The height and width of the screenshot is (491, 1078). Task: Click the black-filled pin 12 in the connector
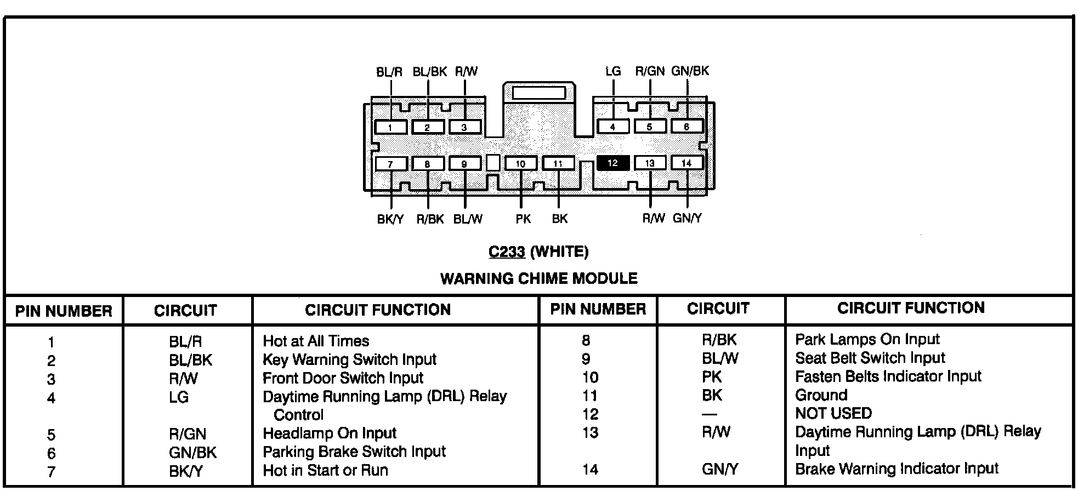[612, 163]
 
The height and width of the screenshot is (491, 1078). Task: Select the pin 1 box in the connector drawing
[390, 128]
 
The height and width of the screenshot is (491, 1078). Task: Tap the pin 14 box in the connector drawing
[686, 163]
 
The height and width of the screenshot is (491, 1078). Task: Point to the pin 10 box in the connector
[520, 164]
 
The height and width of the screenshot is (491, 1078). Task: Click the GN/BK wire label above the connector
[690, 71]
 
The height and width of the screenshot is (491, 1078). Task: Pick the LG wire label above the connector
[613, 71]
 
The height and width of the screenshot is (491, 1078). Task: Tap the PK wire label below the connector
[523, 219]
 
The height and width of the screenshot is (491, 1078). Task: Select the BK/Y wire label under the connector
[390, 219]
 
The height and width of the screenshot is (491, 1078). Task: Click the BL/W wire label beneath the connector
[468, 219]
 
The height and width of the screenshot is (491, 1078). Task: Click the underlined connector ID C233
[507, 252]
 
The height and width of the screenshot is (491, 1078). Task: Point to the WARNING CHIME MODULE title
[538, 279]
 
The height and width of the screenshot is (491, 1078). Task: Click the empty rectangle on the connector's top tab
[538, 92]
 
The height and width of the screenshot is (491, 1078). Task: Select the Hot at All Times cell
[316, 341]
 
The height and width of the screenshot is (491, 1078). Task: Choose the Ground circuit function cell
[821, 395]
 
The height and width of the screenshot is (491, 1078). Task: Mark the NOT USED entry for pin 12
[833, 413]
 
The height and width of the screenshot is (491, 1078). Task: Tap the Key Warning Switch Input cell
[349, 360]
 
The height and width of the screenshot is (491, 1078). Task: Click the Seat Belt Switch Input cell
[870, 358]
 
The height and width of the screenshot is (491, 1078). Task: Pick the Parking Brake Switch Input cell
[354, 452]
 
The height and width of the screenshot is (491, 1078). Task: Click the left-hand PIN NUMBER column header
[64, 311]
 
